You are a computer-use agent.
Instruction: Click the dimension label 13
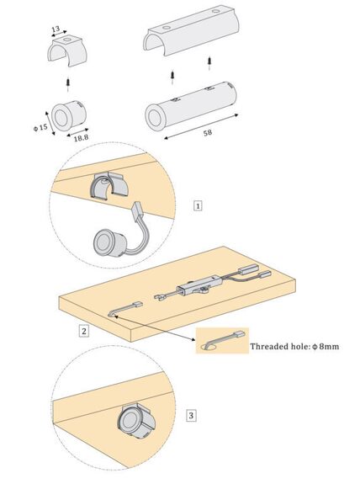[x=56, y=29]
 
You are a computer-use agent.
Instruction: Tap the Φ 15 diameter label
[x=40, y=127]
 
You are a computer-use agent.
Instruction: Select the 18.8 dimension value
[x=81, y=138]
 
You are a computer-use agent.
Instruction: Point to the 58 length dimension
[x=208, y=132]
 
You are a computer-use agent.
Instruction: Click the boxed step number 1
[x=198, y=205]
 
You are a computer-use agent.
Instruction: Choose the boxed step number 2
[x=83, y=331]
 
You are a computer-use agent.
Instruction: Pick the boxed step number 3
[x=191, y=415]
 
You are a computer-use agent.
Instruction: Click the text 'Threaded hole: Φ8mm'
[x=294, y=346]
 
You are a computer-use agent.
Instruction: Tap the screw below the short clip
[x=68, y=84]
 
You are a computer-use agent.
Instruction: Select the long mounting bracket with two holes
[x=191, y=33]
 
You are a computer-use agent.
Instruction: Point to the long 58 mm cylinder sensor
[x=191, y=107]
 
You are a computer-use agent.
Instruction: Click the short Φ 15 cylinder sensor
[x=68, y=115]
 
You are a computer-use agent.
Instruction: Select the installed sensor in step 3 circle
[x=135, y=420]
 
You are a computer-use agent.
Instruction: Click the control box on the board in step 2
[x=198, y=286]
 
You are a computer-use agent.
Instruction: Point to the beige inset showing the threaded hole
[x=222, y=341]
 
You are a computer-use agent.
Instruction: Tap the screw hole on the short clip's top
[x=67, y=40]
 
